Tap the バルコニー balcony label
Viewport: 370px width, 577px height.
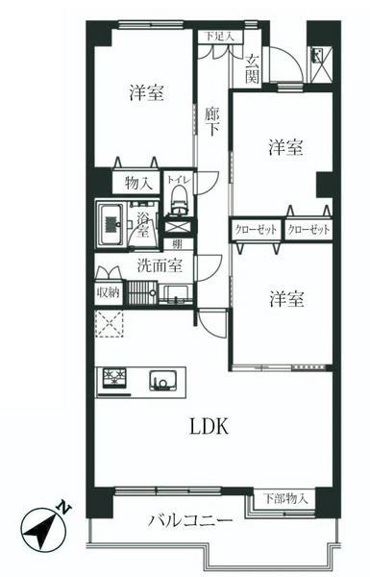pyautogui.click(x=189, y=522)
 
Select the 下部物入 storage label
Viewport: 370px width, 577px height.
pyautogui.click(x=285, y=498)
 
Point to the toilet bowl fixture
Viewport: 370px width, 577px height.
pyautogui.click(x=177, y=199)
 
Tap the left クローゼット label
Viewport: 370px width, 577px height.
pyautogui.click(x=255, y=230)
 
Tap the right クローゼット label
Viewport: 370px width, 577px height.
pyautogui.click(x=308, y=230)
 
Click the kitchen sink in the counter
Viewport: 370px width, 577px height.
pyautogui.click(x=160, y=379)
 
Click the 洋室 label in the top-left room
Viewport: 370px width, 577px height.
pyautogui.click(x=147, y=93)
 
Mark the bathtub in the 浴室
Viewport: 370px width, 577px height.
pyautogui.click(x=110, y=224)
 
